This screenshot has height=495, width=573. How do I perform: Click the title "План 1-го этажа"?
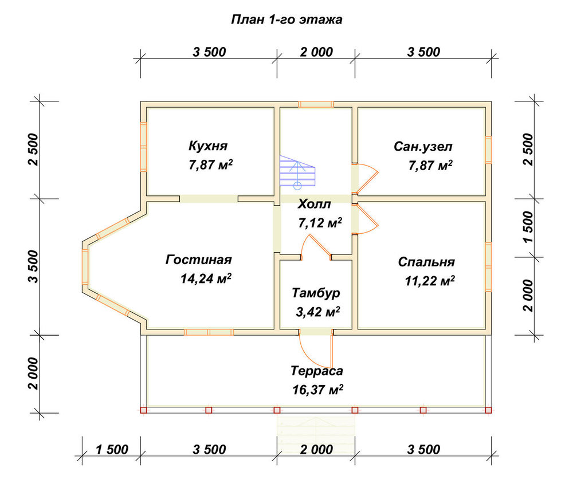286,19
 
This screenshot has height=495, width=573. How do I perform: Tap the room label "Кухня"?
208,146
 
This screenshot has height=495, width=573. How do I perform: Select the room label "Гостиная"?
198,260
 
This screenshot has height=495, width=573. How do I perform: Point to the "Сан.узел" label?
423,147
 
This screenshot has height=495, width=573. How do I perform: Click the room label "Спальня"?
426,262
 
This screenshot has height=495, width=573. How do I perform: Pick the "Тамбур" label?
316,293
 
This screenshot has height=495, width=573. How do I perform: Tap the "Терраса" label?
317,371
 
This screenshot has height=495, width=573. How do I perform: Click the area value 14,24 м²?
206,279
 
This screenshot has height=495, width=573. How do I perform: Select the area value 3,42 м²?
317,312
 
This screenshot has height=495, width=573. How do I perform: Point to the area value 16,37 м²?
317,390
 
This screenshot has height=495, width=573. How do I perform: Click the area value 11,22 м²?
430,281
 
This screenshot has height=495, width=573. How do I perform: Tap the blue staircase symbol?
297,172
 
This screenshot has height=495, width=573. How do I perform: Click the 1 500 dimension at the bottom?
112,449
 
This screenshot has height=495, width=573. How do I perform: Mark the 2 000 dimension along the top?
316,52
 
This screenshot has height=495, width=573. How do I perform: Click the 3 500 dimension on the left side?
33,266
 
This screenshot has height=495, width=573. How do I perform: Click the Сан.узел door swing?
366,178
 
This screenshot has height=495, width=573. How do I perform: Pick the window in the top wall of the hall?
316,104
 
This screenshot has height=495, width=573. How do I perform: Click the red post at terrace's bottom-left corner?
143,410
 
